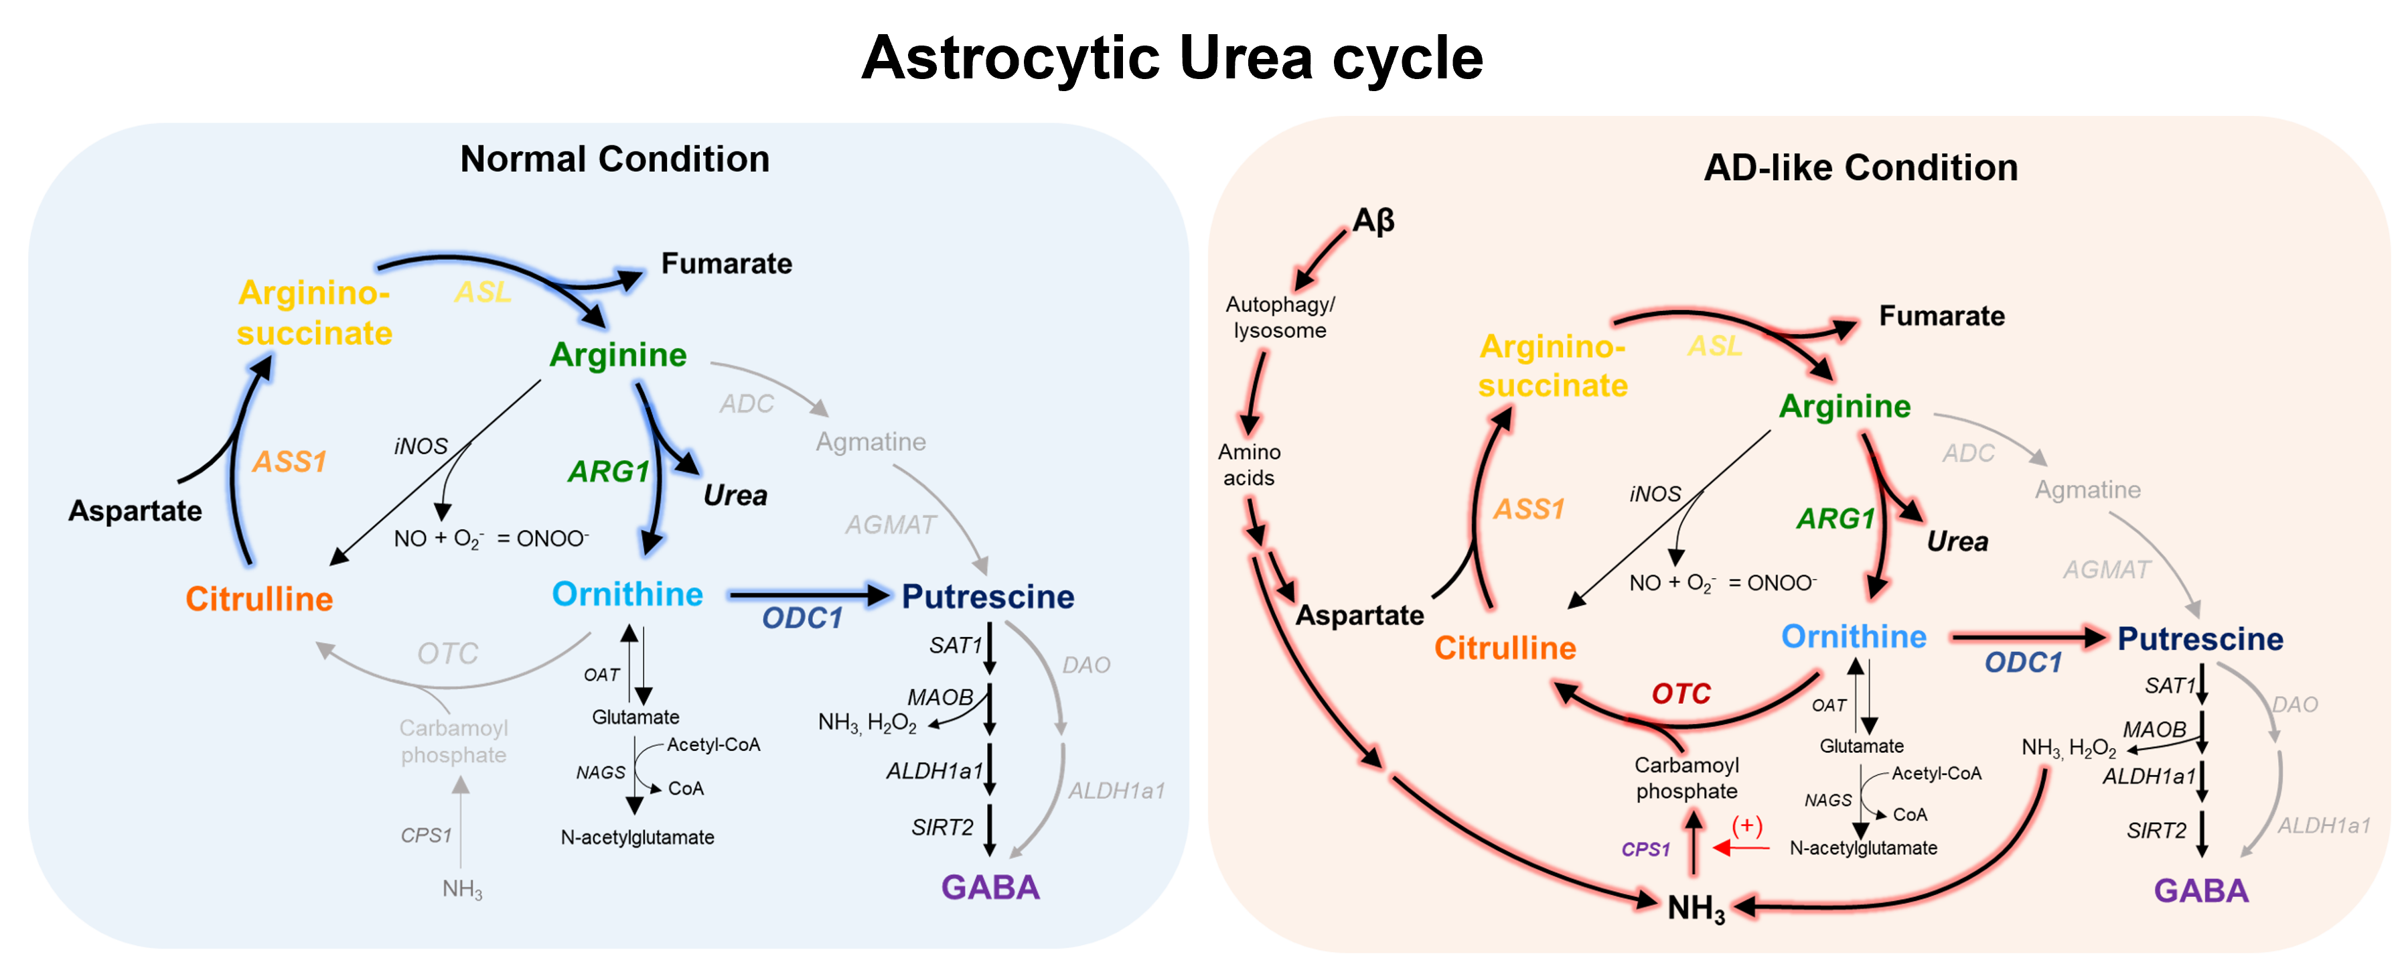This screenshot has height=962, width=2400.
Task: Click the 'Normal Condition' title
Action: click(615, 159)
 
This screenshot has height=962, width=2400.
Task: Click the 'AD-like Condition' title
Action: click(1860, 167)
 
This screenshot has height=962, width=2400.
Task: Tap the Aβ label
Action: click(1373, 221)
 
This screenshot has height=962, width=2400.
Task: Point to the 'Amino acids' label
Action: click(1250, 464)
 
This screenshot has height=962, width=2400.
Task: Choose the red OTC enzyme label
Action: click(1681, 693)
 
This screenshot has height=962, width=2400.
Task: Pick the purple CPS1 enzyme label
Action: click(1645, 849)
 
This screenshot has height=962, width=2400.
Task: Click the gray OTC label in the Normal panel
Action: click(447, 653)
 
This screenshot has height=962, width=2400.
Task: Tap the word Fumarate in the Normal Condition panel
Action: click(727, 264)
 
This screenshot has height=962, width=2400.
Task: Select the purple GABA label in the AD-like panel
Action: click(2200, 890)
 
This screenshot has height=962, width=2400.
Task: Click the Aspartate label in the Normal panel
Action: click(135, 511)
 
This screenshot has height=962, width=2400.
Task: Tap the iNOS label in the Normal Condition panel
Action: click(421, 447)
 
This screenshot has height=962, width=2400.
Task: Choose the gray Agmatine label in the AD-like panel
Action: click(2087, 490)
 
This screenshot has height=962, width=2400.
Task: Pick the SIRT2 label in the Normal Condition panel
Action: click(942, 827)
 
